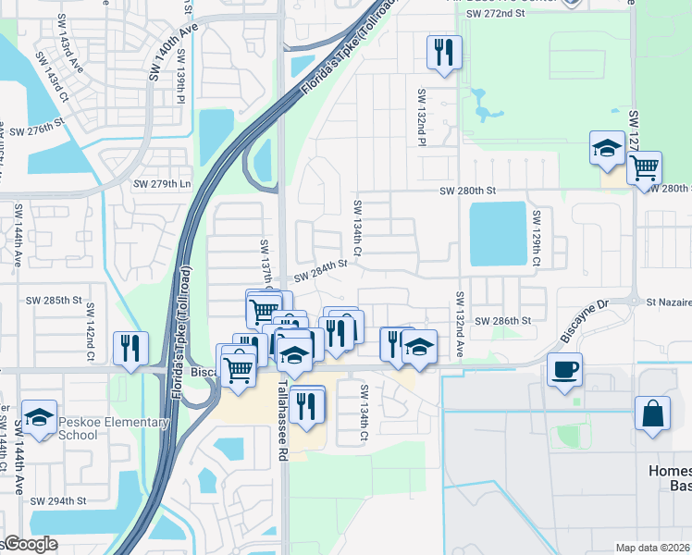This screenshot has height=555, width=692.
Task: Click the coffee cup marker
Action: [563, 371]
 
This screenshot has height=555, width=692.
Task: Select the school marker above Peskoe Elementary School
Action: [39, 417]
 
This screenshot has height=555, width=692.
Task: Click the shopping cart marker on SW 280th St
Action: [643, 168]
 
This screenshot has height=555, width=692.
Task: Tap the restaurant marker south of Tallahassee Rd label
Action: [306, 404]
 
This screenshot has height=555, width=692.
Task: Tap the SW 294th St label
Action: [57, 500]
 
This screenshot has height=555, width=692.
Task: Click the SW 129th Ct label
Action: [536, 237]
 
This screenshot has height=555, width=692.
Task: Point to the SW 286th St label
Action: [503, 320]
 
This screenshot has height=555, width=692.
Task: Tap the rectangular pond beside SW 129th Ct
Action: [498, 233]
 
